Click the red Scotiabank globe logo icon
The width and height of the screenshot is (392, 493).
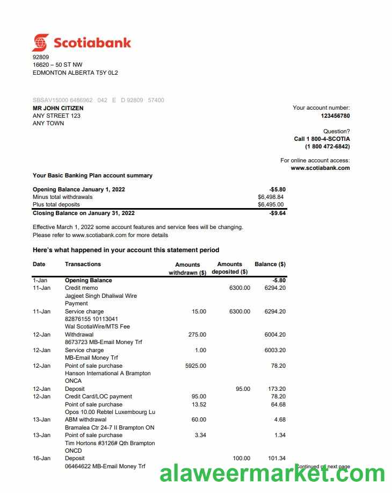[x=40, y=42]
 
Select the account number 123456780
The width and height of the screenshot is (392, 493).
[x=335, y=116]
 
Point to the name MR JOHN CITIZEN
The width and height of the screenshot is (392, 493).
[x=58, y=108]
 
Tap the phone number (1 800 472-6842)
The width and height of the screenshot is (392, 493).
[x=327, y=146]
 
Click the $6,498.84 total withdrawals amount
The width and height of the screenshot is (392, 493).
[x=271, y=197]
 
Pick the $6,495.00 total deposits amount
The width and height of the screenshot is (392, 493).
[x=271, y=204]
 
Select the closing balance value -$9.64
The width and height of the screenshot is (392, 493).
[x=277, y=213]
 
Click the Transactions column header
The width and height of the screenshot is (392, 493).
[x=83, y=264]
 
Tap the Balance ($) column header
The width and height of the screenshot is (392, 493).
[x=270, y=264]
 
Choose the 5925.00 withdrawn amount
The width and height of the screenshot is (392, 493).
[x=195, y=366]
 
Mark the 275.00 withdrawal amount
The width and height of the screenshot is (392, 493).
[x=197, y=334]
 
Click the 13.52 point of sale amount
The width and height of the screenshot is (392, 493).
[x=199, y=404]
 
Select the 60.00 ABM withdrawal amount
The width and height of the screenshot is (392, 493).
[x=199, y=419]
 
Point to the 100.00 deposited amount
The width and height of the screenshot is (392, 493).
[x=241, y=458]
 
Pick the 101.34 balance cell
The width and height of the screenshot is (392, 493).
[x=277, y=458]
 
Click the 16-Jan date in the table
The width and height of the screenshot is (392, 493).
[x=41, y=458]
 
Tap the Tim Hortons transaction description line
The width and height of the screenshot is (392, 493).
[x=110, y=443]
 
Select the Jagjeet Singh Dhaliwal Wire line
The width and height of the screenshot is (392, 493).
[x=100, y=296]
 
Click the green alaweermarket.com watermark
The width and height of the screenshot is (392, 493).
[x=272, y=474]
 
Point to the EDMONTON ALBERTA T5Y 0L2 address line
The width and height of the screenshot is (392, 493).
[x=75, y=73]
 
